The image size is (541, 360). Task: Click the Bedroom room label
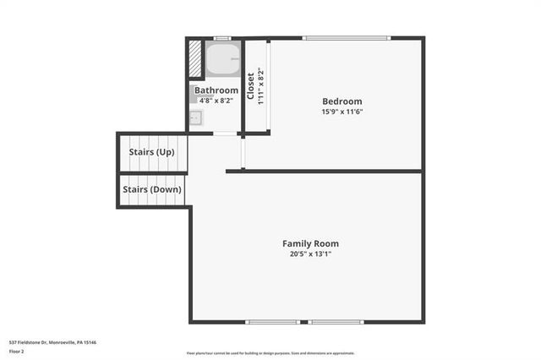pyautogui.click(x=342, y=101)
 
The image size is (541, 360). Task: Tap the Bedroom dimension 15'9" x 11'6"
pyautogui.click(x=342, y=112)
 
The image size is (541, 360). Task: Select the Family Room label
pyautogui.click(x=310, y=243)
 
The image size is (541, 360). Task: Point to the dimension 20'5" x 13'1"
pyautogui.click(x=310, y=254)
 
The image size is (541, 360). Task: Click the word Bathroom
pyautogui.click(x=216, y=90)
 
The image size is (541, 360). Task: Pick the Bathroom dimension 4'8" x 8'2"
pyautogui.click(x=216, y=100)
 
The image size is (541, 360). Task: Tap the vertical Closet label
pyautogui.click(x=250, y=85)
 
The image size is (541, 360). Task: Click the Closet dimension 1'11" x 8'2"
pyautogui.click(x=260, y=85)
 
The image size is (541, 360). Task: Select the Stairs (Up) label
pyautogui.click(x=152, y=152)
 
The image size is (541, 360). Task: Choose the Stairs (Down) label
pyautogui.click(x=151, y=189)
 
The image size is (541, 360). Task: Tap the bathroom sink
pyautogui.click(x=195, y=118)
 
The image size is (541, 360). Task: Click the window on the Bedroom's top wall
pyautogui.click(x=347, y=37)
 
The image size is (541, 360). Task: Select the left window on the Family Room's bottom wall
pyautogui.click(x=271, y=321)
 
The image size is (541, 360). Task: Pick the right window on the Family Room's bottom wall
pyautogui.click(x=336, y=321)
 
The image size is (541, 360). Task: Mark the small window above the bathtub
pyautogui.click(x=222, y=38)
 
